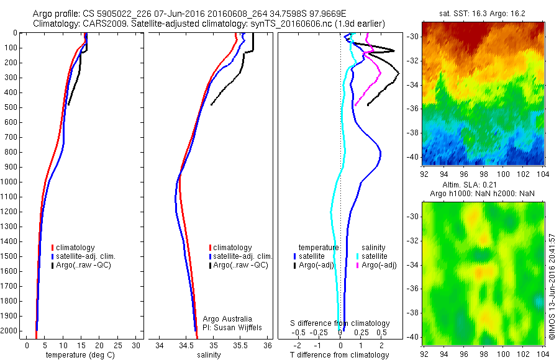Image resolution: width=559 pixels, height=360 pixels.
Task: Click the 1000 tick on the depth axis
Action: [x=11, y=182]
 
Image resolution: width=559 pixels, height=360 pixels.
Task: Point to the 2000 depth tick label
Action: [x=9, y=331]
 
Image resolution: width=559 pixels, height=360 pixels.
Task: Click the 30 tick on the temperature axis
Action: [x=137, y=344]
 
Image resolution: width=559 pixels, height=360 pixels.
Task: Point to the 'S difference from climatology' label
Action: [x=340, y=323]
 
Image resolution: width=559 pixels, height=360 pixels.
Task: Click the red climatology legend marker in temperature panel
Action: [x=52, y=248]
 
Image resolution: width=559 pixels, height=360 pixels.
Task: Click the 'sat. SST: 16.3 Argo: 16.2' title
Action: [x=483, y=12]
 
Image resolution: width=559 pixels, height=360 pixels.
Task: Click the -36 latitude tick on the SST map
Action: [x=412, y=109]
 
